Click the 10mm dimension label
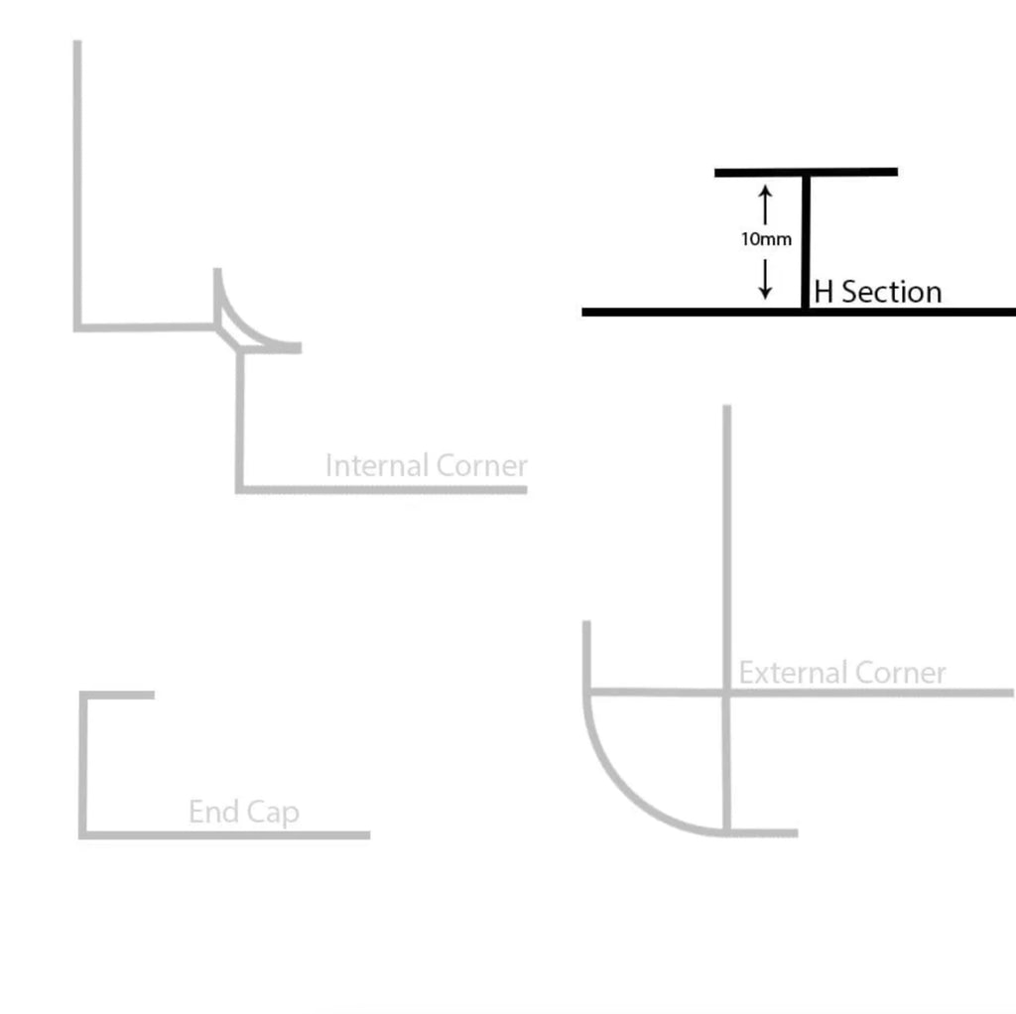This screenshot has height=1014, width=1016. click(x=766, y=239)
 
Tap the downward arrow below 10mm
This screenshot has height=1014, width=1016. click(x=765, y=278)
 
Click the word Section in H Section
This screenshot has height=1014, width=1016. click(x=892, y=292)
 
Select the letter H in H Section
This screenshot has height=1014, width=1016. click(x=824, y=292)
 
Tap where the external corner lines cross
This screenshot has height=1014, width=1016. click(x=727, y=692)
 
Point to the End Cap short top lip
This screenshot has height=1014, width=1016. click(x=119, y=696)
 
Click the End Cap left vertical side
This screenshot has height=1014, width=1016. click(x=83, y=764)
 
